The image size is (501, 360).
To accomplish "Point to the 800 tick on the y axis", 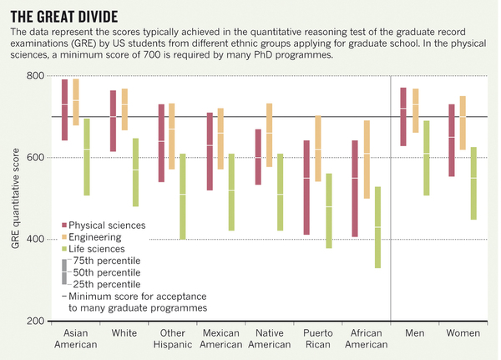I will (x=38, y=76).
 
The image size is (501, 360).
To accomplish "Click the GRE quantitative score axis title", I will (x=13, y=198).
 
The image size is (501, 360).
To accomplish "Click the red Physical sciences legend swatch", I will (x=63, y=225).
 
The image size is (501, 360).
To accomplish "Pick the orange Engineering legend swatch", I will (x=63, y=236).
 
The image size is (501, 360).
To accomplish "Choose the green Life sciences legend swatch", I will (x=63, y=248).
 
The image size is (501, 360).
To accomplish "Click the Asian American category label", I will (x=75, y=337).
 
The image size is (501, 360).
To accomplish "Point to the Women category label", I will (x=461, y=332).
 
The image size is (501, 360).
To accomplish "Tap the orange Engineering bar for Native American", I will (x=269, y=135).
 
